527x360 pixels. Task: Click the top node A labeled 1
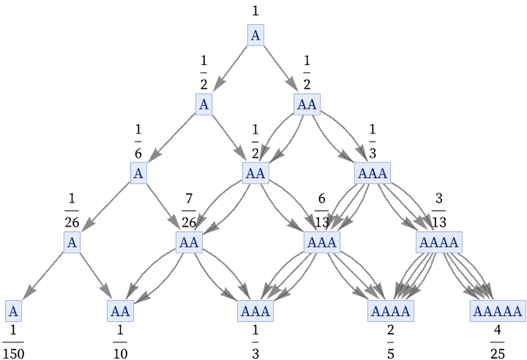click(x=255, y=35)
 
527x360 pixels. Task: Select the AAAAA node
click(x=497, y=311)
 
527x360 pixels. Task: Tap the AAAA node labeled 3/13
click(x=438, y=242)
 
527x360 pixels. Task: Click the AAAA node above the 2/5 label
click(x=390, y=311)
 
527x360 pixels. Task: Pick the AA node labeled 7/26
click(x=189, y=242)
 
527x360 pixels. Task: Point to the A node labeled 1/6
click(x=138, y=173)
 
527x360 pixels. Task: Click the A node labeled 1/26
click(x=72, y=242)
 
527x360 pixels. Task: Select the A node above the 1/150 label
click(x=13, y=311)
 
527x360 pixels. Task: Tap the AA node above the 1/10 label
click(x=120, y=311)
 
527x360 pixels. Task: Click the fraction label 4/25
click(x=497, y=342)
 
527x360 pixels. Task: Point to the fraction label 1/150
click(x=12, y=342)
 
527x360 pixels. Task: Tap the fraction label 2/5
click(x=390, y=342)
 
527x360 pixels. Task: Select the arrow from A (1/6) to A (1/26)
click(x=105, y=207)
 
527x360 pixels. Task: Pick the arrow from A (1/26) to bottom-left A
click(x=43, y=276)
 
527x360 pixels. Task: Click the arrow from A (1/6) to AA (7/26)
click(x=162, y=207)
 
